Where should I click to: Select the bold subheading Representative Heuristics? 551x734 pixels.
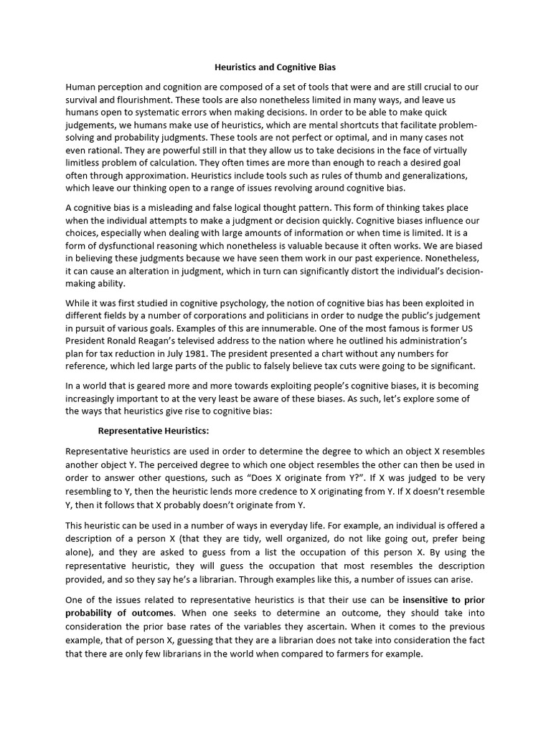[153, 431]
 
